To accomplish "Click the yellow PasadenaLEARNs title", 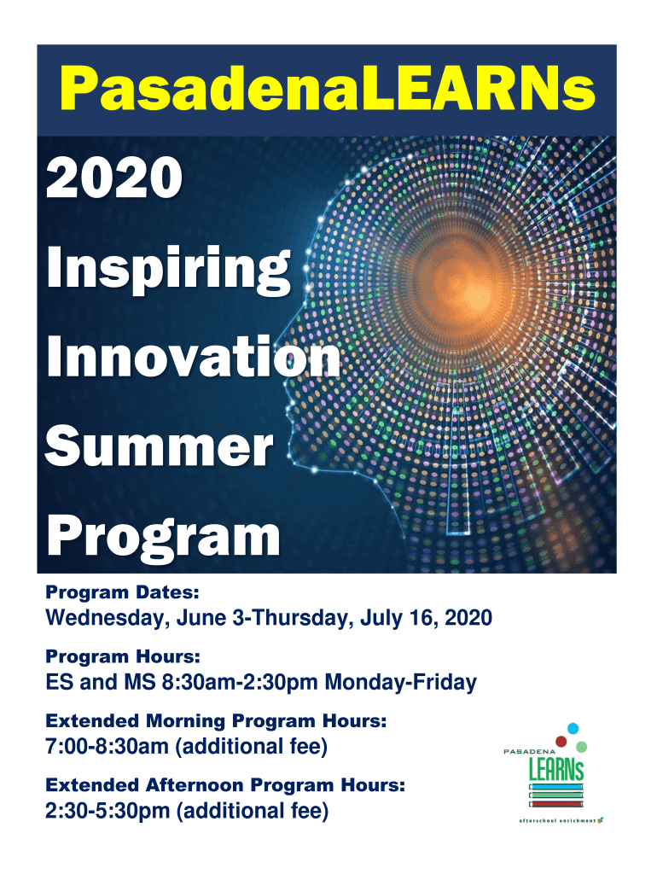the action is (328, 89).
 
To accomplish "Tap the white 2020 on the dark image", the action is (114, 178).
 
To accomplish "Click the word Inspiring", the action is (168, 271).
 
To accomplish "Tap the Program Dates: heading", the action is (122, 592).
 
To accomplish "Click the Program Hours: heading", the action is (123, 656).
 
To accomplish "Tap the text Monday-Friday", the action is (401, 682).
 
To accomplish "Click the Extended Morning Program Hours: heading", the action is (216, 720).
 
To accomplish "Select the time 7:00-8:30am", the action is (107, 746).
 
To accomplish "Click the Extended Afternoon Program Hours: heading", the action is (225, 785).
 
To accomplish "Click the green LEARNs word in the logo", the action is (556, 770).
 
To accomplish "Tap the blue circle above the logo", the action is (573, 729).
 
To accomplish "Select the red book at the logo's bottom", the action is (556, 804).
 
